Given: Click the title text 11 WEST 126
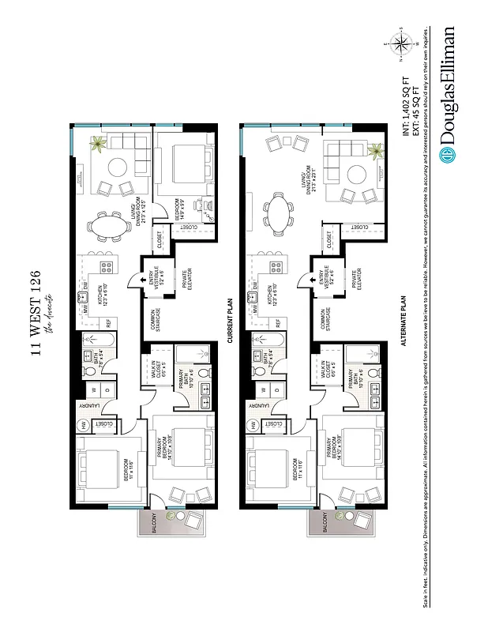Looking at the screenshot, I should pyautogui.click(x=36, y=313).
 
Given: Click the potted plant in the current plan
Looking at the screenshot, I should pyautogui.click(x=99, y=144).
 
